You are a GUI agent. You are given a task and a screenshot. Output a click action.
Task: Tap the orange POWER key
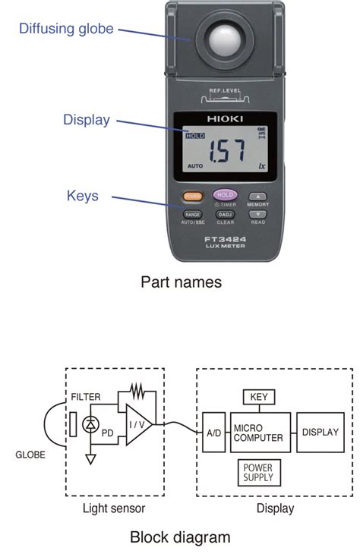192,196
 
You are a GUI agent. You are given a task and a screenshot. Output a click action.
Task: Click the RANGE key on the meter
192,215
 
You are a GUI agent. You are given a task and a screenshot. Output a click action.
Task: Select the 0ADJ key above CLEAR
225,215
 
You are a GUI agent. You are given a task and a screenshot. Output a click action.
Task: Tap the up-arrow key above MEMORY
257,196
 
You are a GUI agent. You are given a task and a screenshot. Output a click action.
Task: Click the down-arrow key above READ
257,215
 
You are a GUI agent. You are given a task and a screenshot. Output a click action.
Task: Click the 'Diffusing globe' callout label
66,29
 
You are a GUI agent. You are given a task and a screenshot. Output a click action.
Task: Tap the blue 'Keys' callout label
82,196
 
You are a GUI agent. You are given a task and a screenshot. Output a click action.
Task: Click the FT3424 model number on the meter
224,239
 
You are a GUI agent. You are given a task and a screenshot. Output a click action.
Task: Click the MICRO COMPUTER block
258,433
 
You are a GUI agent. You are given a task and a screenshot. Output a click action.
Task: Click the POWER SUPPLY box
257,473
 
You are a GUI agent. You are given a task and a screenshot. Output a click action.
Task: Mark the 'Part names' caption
181,282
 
